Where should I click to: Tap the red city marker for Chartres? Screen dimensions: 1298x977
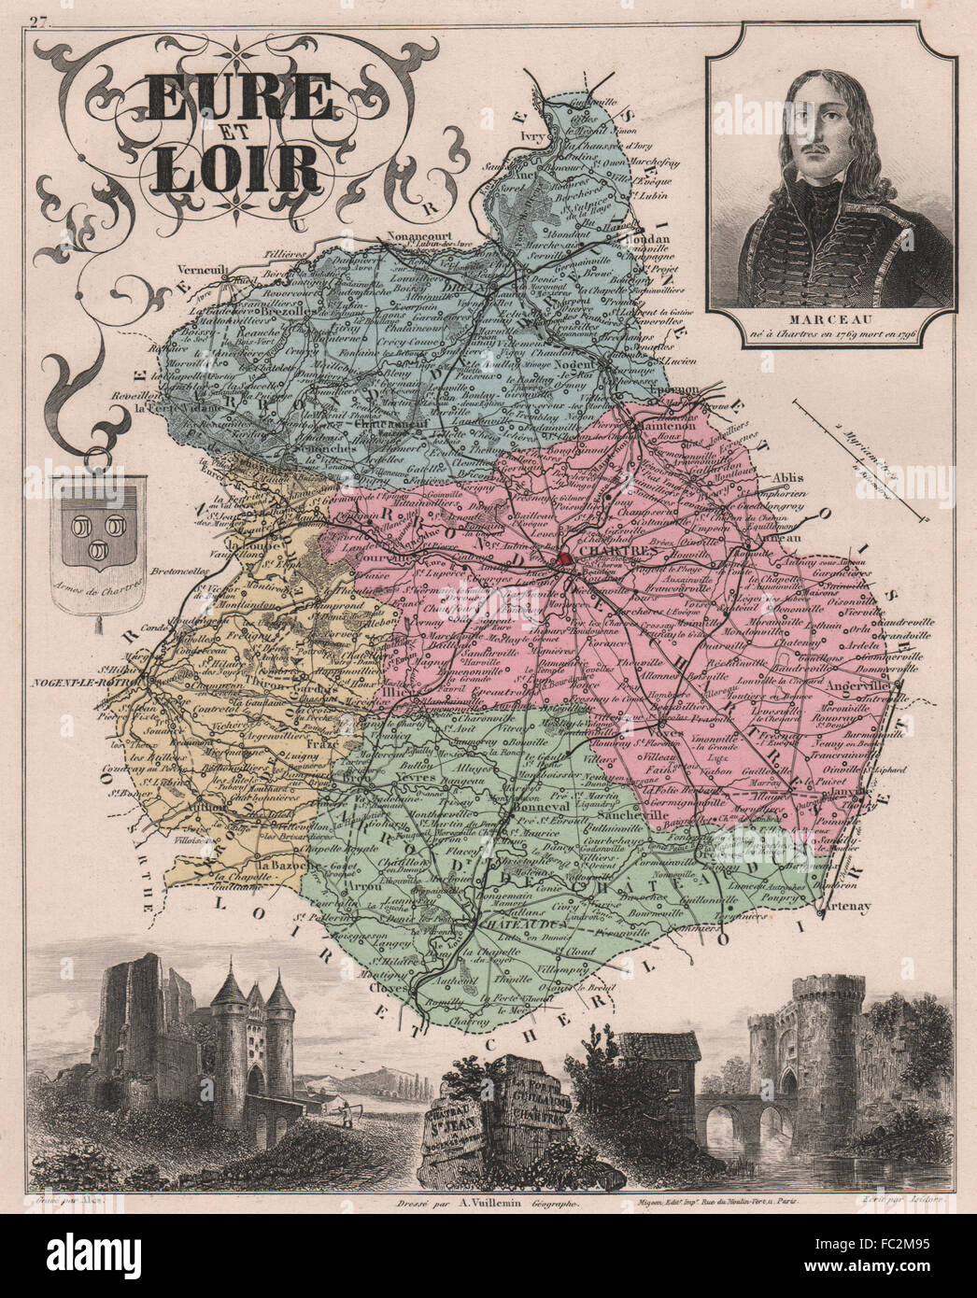coord(567,560)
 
